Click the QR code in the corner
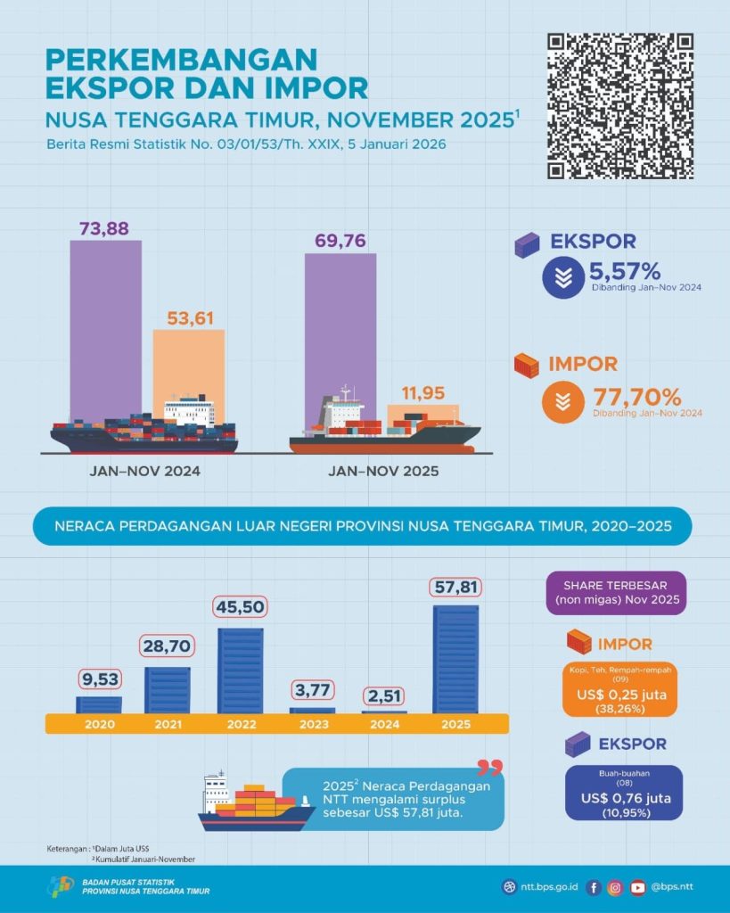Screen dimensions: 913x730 [620, 106]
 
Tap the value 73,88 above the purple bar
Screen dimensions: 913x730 [105, 228]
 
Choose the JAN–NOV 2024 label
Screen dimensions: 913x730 [144, 470]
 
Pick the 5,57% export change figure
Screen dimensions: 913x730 [624, 271]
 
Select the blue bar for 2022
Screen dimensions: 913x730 [240, 670]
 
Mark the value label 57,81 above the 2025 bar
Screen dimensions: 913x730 [455, 588]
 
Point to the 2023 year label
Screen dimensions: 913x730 [312, 723]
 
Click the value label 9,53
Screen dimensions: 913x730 [98, 679]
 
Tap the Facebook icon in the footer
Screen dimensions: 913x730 [595, 887]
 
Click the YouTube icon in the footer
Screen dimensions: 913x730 [637, 887]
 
